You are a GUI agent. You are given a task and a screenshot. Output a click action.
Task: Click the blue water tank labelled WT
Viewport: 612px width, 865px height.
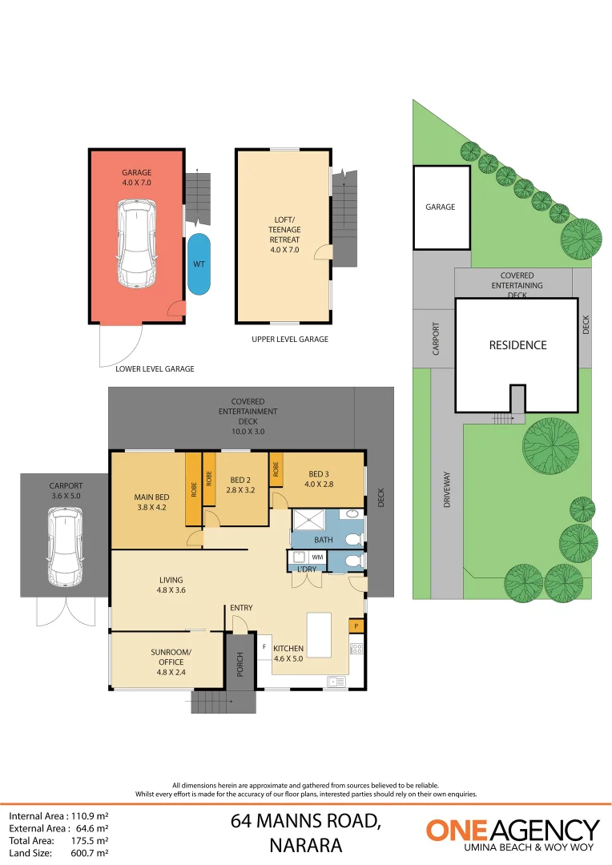point(199,264)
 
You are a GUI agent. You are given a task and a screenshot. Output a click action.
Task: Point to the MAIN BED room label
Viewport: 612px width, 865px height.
point(150,501)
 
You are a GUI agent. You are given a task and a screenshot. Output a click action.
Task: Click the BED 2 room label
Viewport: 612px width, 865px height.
point(240,485)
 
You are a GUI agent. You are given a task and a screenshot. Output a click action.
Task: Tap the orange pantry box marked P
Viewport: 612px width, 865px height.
point(355,626)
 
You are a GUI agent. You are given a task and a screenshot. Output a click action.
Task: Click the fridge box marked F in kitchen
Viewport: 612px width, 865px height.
point(264,646)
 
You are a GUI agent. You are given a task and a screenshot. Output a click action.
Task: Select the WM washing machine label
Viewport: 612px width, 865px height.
point(317,556)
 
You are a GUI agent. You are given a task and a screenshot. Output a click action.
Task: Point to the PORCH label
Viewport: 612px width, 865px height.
point(240,662)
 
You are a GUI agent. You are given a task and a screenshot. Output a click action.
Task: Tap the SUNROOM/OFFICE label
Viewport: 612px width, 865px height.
point(167,657)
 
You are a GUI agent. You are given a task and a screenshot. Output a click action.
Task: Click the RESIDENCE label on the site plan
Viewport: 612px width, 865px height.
point(517,345)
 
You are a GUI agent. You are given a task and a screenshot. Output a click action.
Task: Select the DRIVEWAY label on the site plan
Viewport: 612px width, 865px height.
point(447,489)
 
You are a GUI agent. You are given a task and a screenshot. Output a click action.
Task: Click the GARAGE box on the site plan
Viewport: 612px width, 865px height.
point(441,207)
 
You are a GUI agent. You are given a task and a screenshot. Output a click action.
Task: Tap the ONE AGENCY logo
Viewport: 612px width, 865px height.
point(512,833)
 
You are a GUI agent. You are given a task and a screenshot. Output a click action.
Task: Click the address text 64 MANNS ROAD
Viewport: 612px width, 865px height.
point(305,821)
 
